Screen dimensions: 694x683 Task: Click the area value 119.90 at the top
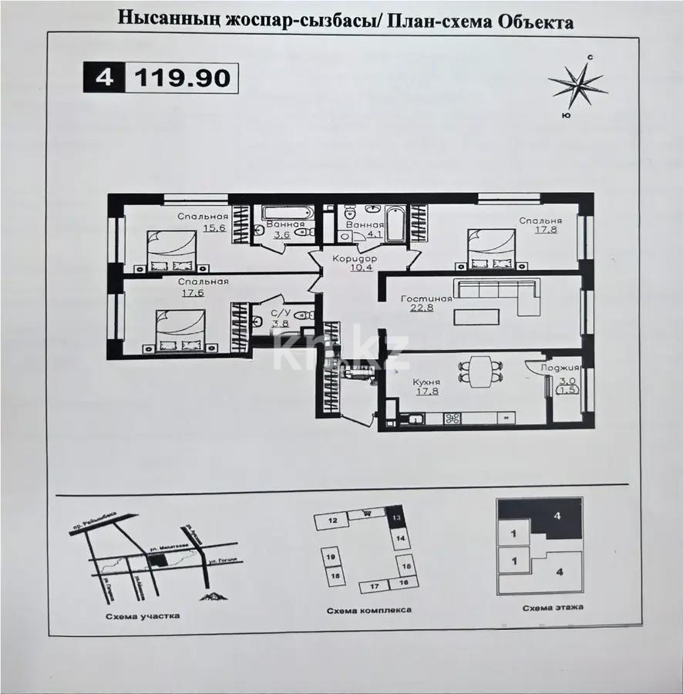coord(183,79)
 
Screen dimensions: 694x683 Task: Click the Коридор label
coord(354,259)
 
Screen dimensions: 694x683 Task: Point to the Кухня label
coord(426,381)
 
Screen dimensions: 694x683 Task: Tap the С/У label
coord(281,313)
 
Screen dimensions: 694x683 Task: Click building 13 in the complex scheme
coord(395,517)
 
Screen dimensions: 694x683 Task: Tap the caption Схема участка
coord(144,616)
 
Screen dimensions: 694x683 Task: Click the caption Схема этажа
coord(552,607)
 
